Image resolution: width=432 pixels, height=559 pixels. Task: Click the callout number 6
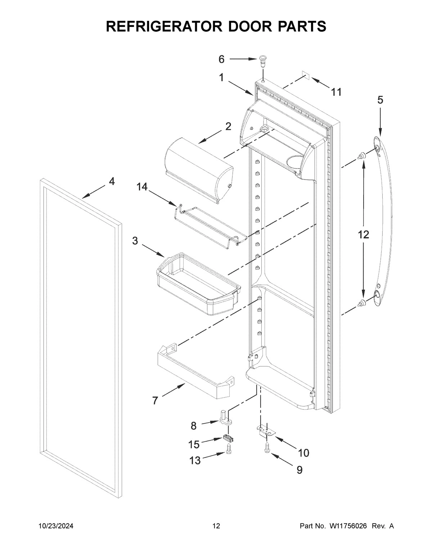[221, 59]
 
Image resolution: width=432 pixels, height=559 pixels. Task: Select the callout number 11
[336, 92]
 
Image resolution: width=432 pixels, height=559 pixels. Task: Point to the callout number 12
[363, 235]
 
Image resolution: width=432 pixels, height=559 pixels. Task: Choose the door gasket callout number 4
[112, 182]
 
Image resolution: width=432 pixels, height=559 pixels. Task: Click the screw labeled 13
[228, 449]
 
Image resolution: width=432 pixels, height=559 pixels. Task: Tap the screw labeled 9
[266, 448]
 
